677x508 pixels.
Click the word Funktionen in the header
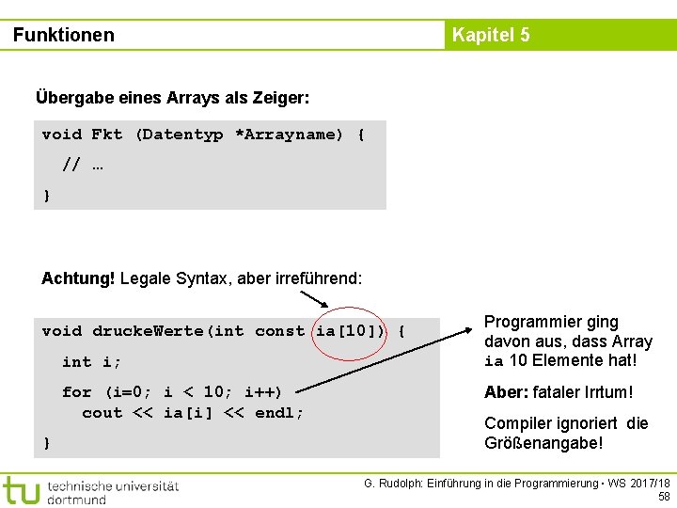(64, 35)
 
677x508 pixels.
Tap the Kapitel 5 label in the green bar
(491, 35)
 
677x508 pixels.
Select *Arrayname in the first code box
(289, 135)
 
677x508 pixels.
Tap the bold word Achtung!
(78, 278)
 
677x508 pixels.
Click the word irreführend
(317, 278)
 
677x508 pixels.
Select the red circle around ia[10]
(349, 331)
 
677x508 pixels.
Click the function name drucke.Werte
(149, 331)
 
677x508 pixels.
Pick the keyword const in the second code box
(279, 331)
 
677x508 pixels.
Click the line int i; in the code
(91, 361)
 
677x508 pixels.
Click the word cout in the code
(102, 413)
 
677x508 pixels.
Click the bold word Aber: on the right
(508, 392)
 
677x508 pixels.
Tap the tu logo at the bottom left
(20, 490)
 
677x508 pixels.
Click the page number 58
(664, 497)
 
